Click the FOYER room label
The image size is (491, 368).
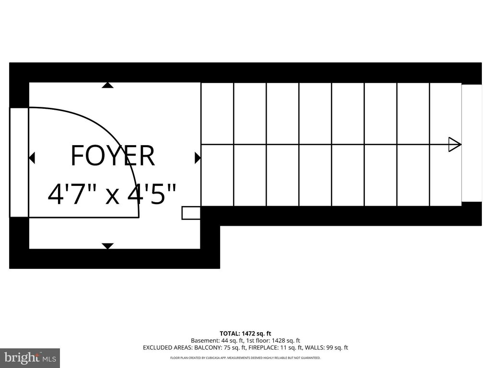pos(113,156)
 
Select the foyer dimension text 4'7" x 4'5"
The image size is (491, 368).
pos(112,194)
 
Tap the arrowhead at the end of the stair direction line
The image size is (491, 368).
pos(455,145)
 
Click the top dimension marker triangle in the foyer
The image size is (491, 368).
pos(107,85)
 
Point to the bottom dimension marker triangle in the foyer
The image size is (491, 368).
pos(108,246)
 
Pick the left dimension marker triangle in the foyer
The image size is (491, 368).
pos(32,158)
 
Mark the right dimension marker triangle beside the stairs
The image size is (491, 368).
pos(198,158)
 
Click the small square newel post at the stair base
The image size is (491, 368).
pos(191,213)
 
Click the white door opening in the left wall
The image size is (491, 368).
pos(19,162)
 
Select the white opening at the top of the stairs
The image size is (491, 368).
pos(472,143)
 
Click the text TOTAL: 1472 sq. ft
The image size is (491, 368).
pos(245,333)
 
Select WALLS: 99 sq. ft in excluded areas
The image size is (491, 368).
pos(326,348)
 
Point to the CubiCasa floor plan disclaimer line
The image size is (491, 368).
pos(245,357)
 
